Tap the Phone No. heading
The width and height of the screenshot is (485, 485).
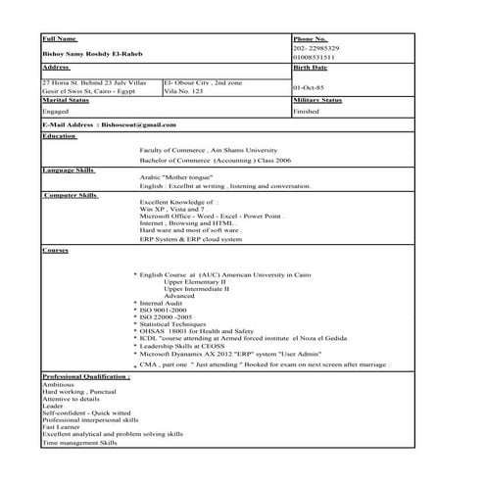(311, 37)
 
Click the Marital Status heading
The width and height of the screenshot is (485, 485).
(66, 100)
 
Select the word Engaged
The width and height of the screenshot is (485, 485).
(56, 112)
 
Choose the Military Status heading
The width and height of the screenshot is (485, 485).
(317, 100)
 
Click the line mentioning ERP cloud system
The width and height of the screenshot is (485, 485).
(191, 239)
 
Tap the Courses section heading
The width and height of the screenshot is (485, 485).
(55, 251)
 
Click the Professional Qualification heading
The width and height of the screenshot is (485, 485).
(86, 375)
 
